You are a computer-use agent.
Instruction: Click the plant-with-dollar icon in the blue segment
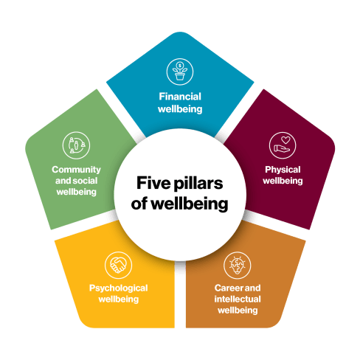[x=180, y=72]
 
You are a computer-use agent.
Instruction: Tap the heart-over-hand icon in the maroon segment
[x=283, y=145]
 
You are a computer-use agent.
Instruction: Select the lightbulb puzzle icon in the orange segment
[x=238, y=266]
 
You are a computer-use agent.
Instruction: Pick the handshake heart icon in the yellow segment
[x=118, y=265]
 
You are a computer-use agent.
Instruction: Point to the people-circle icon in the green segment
[x=76, y=145]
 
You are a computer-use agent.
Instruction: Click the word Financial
[x=180, y=97]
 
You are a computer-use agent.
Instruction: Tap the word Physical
[x=283, y=170]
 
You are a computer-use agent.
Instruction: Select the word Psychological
[x=119, y=288]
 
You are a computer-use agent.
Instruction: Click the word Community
[x=76, y=170]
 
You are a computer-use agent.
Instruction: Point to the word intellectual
[x=238, y=299]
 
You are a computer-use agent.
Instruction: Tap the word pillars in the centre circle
[x=198, y=184]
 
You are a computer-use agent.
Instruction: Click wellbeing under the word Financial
[x=180, y=109]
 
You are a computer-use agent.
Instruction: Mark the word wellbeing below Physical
[x=283, y=181]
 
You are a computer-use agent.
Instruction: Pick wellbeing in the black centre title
[x=190, y=204]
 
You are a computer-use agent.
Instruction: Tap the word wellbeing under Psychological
[x=119, y=300]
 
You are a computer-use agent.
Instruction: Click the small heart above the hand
[x=285, y=140]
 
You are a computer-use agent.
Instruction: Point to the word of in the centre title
[x=139, y=204]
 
